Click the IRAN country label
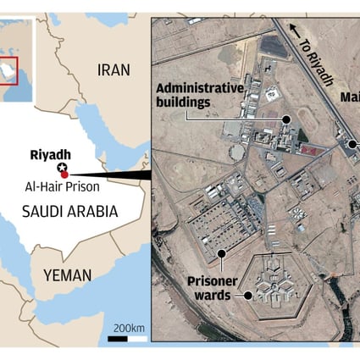pyautogui.click(x=115, y=71)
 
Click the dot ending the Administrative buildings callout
pyautogui.click(x=286, y=119)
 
